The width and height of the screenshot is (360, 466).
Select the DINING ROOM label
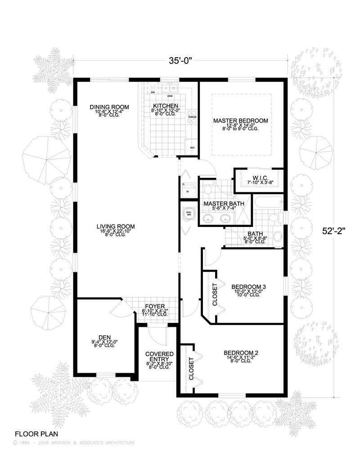click(x=109, y=107)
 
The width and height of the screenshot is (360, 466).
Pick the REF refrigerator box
click(x=192, y=147)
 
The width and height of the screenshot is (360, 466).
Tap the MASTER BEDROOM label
click(x=241, y=121)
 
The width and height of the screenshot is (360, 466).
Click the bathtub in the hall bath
click(x=267, y=202)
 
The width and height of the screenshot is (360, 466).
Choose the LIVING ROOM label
click(x=116, y=226)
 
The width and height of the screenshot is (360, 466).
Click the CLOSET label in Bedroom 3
click(x=215, y=295)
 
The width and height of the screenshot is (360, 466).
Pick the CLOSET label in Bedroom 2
click(x=191, y=369)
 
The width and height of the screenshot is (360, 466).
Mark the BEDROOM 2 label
click(x=241, y=353)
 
